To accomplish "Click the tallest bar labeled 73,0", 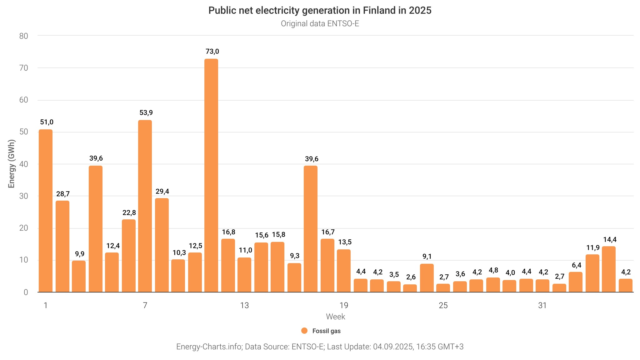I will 211,175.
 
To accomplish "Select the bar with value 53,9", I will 145,206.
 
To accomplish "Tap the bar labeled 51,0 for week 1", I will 46,211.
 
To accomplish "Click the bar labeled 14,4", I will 609,269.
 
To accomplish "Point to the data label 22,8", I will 129,213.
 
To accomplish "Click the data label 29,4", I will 162,192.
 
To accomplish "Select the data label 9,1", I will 427,257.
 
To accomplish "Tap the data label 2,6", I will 411,277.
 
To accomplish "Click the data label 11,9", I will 593,248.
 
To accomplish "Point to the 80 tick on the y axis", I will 24,36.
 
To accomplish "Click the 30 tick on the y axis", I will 24,196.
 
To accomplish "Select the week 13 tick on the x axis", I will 244,306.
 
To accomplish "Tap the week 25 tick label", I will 443,306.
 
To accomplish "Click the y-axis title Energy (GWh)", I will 12,164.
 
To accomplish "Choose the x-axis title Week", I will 335,317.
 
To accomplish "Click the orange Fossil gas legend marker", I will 304,331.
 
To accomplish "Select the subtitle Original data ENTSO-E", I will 320,24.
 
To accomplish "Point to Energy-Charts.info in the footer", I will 209,347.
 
